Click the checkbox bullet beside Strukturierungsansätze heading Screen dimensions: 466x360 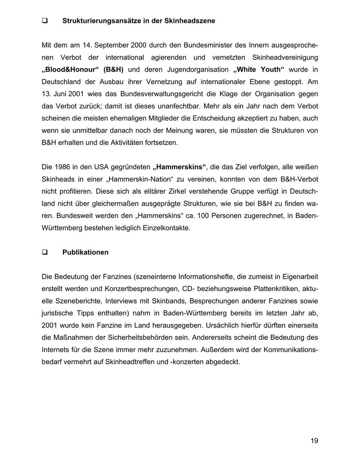click(x=45, y=21)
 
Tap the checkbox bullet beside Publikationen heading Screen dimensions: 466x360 click(x=45, y=253)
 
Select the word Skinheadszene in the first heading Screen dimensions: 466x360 click(x=190, y=21)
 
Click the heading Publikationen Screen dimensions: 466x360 click(x=85, y=253)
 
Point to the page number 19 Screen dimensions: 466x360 click(x=314, y=441)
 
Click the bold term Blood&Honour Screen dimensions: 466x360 click(x=70, y=70)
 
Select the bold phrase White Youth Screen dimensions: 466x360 click(x=258, y=70)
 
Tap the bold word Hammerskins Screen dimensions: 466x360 click(x=180, y=167)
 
